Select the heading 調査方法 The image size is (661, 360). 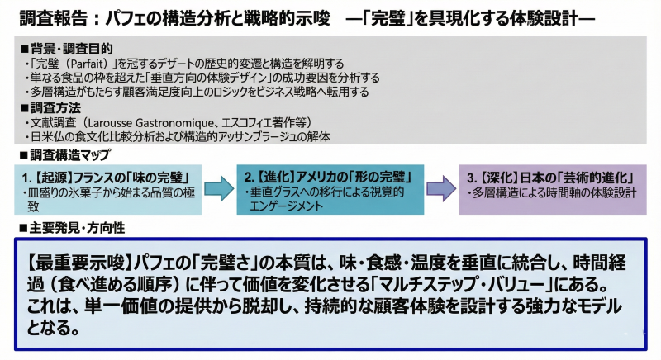pos(55,108)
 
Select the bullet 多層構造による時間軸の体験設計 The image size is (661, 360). pos(554,192)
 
